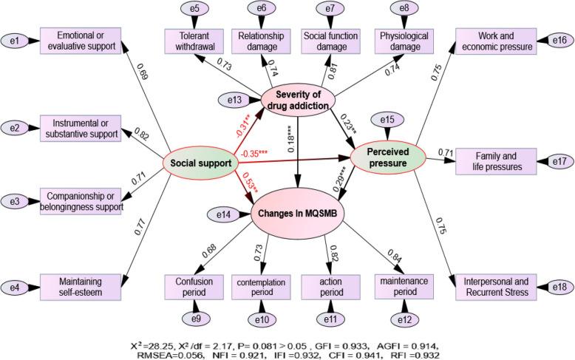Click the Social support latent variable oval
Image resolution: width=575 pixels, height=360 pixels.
(x=198, y=163)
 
